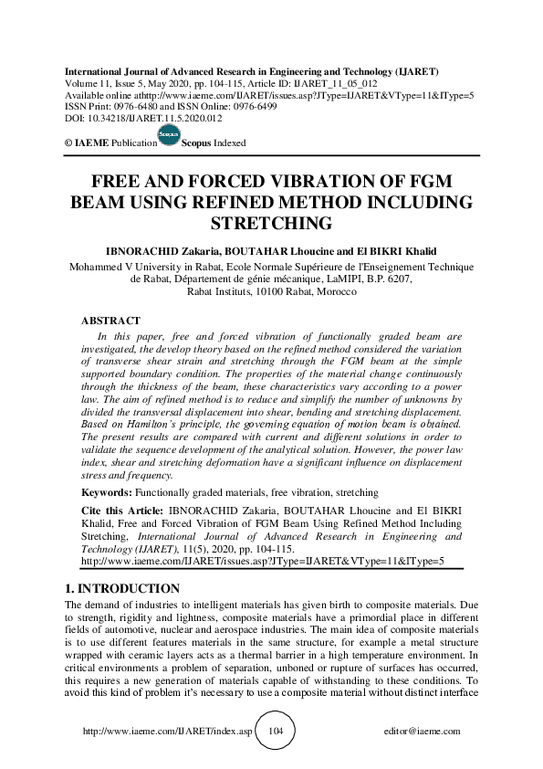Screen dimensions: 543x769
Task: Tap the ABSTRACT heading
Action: [111, 321]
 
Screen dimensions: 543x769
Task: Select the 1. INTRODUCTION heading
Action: [123, 588]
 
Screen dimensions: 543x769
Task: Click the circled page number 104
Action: [271, 732]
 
